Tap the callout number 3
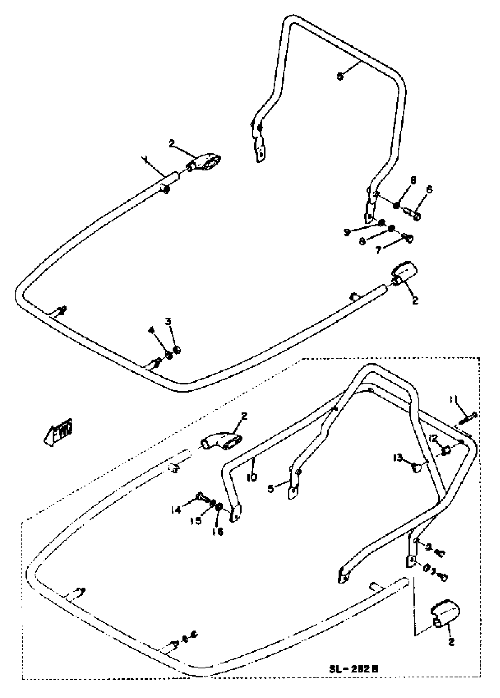(168, 321)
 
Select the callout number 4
(151, 331)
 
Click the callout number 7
(379, 250)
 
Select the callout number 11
(453, 400)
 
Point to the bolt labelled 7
(407, 238)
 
